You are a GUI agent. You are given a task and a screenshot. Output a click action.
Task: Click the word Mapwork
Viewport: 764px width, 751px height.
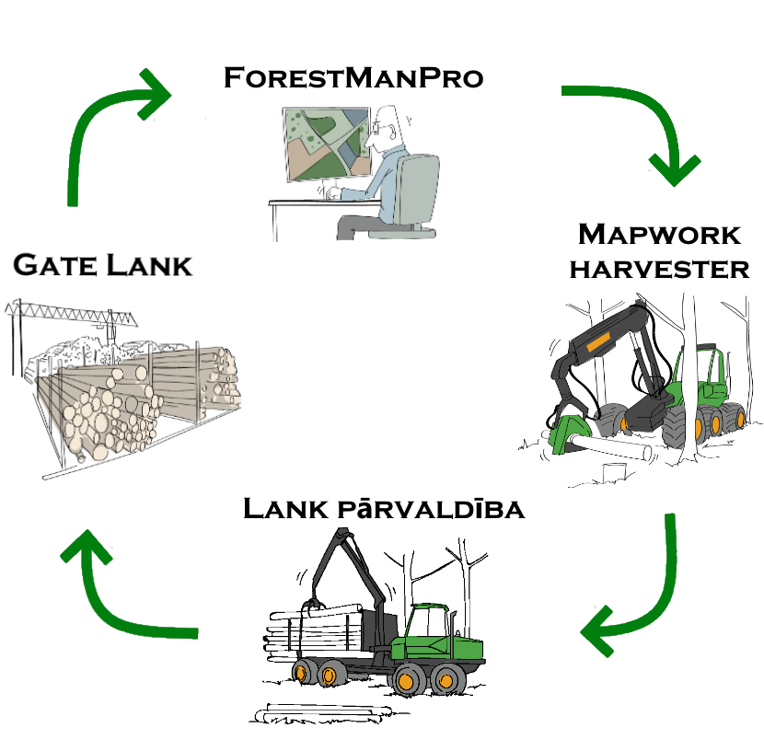pyautogui.click(x=659, y=235)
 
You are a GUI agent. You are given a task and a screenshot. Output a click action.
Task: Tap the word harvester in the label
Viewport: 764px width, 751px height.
pyautogui.click(x=659, y=268)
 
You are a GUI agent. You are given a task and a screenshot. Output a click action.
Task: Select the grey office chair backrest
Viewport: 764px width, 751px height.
pyautogui.click(x=420, y=188)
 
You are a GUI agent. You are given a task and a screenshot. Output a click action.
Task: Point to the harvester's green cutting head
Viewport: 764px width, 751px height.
pyautogui.click(x=570, y=432)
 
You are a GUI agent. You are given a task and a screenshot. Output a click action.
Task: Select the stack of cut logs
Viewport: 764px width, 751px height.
pyautogui.click(x=138, y=400)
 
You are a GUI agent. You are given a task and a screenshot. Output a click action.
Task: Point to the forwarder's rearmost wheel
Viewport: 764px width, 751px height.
pyautogui.click(x=300, y=673)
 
